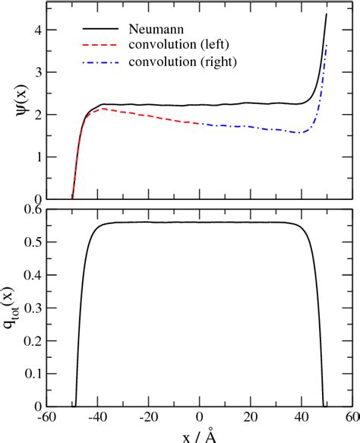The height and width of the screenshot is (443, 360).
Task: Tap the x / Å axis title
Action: [200, 435]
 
